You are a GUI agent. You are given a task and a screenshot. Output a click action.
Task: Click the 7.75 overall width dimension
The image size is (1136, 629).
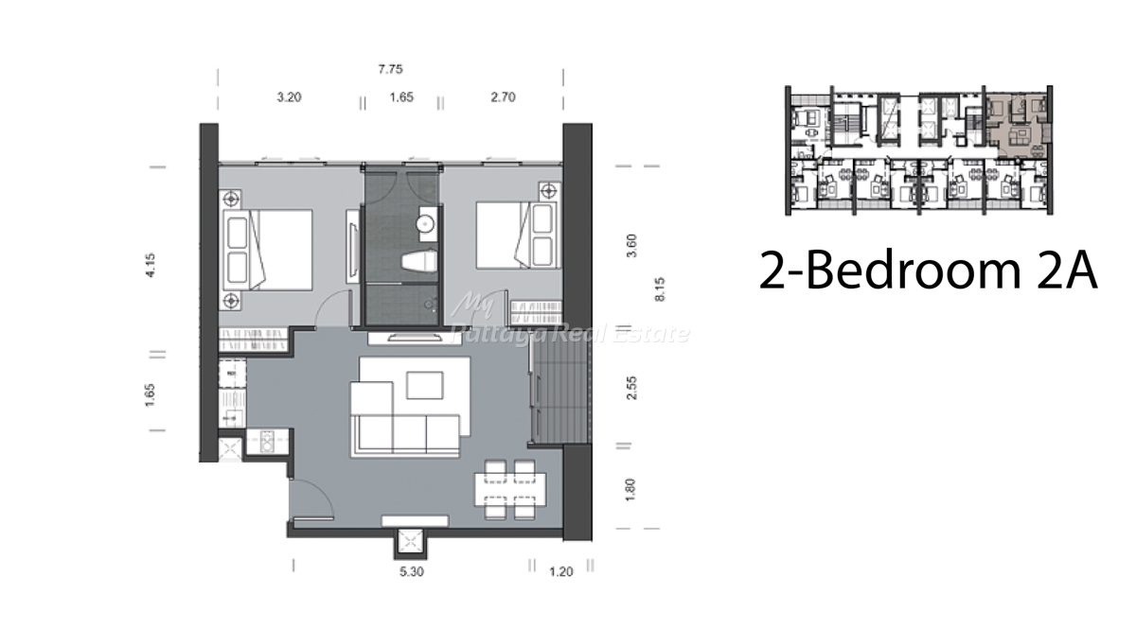(x=390, y=69)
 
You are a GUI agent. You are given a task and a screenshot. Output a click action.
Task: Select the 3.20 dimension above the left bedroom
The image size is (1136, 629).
(x=289, y=96)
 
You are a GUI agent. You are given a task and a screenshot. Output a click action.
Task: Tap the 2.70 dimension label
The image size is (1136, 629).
(x=503, y=96)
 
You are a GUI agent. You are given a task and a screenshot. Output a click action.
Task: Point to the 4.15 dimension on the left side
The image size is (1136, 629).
(x=151, y=265)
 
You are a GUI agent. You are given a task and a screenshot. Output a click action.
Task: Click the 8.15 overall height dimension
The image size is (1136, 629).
(x=660, y=289)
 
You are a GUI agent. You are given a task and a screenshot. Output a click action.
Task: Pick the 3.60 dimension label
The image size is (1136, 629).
(x=631, y=245)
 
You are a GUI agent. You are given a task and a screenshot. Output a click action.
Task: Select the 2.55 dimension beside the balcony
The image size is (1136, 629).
(x=631, y=388)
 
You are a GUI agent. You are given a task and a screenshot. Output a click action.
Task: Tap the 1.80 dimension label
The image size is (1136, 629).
(x=630, y=490)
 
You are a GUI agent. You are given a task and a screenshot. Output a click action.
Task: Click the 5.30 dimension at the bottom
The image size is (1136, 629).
(x=411, y=571)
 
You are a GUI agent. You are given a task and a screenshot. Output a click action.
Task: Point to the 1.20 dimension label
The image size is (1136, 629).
(x=560, y=571)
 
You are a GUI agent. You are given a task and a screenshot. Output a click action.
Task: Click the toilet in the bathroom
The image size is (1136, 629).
(x=419, y=262)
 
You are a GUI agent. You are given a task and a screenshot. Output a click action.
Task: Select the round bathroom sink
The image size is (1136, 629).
(x=425, y=223)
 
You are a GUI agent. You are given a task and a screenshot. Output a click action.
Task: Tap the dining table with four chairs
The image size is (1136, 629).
(x=510, y=490)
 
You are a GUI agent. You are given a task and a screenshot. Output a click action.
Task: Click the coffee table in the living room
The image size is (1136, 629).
(x=425, y=385)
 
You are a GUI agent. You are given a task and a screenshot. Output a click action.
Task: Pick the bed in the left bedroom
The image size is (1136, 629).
(x=268, y=251)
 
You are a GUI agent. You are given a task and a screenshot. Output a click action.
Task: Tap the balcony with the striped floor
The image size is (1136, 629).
(x=560, y=390)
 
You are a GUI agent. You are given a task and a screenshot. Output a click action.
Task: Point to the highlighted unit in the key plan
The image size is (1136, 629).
(x=1017, y=127)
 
